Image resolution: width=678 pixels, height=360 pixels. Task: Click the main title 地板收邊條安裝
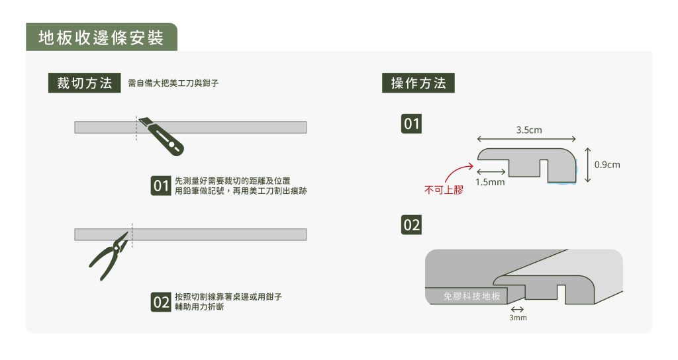pos(101,38)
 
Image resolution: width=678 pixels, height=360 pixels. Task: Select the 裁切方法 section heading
pos(84,83)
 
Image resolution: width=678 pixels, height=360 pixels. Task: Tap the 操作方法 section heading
pos(418,83)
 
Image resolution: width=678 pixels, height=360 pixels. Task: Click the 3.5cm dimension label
pos(529,130)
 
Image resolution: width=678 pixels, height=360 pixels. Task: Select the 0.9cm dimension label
pos(607,164)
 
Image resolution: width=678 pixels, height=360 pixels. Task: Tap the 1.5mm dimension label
pos(490,181)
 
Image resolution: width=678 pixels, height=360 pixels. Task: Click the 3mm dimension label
pos(518,318)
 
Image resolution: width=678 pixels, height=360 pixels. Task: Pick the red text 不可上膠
pos(444,191)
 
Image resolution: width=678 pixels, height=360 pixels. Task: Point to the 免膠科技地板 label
pos(471,296)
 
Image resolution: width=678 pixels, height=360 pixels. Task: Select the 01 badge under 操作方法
pos(412,124)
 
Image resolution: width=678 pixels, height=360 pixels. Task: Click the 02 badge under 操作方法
pos(412,225)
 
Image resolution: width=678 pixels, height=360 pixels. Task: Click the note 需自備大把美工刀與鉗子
pos(173,84)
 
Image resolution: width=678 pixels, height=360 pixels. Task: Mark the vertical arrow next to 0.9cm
pos(587,165)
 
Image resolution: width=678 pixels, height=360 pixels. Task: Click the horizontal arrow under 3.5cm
pos(526,140)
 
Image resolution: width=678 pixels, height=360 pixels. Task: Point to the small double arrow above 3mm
pos(518,309)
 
